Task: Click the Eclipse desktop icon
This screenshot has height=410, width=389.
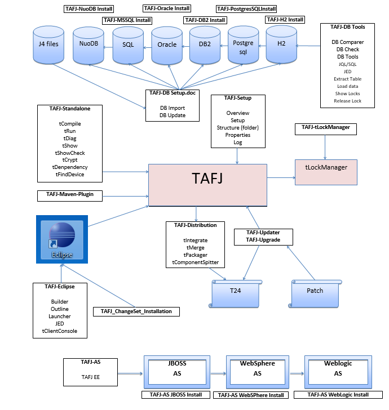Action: click(62, 240)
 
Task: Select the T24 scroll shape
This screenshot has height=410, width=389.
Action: click(235, 292)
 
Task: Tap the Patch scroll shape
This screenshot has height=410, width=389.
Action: click(315, 292)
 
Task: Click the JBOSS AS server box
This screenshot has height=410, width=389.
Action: click(176, 370)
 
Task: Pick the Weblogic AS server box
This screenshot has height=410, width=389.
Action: click(338, 370)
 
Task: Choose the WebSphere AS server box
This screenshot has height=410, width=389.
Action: click(257, 370)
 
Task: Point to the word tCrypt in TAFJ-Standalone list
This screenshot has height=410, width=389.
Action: click(70, 160)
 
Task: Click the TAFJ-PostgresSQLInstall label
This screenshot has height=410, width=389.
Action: click(246, 9)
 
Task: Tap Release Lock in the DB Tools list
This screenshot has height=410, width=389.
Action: click(348, 101)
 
